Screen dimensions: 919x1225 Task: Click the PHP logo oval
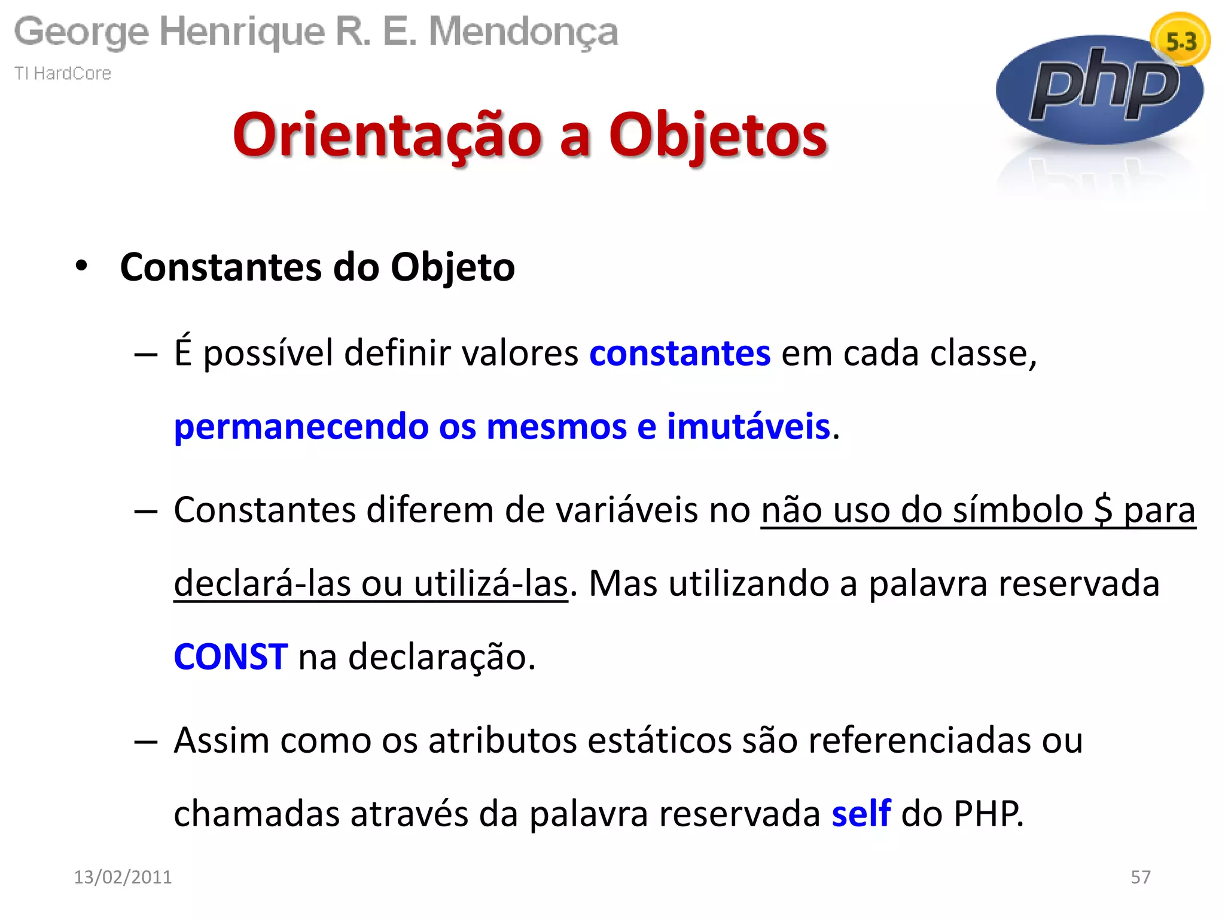click(x=1099, y=90)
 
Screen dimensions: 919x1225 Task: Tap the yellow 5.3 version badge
click(x=1180, y=41)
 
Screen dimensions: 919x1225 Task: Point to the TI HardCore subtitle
click(x=63, y=73)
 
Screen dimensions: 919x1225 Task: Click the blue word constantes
click(x=679, y=353)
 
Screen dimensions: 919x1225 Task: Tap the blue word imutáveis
click(x=748, y=427)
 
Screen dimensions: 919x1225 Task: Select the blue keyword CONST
click(x=230, y=656)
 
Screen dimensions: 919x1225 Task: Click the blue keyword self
click(x=861, y=813)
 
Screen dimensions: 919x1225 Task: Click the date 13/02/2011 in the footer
click(x=123, y=877)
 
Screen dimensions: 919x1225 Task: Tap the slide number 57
click(x=1140, y=877)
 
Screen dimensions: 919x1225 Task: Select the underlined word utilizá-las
click(x=490, y=583)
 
